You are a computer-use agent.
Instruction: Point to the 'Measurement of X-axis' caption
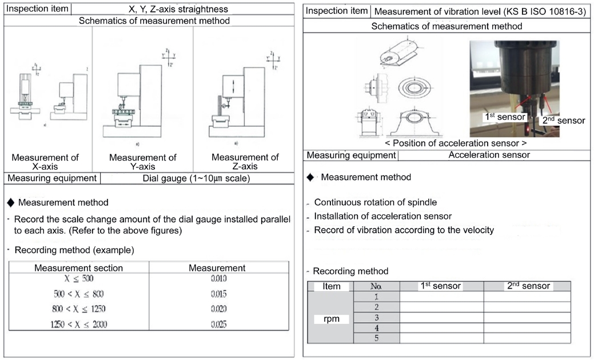(x=46, y=162)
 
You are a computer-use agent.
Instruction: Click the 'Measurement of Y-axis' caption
(x=142, y=162)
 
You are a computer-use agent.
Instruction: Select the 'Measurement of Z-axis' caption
(x=245, y=162)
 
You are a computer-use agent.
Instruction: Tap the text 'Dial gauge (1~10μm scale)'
(x=196, y=178)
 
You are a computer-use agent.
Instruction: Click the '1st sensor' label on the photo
(x=505, y=117)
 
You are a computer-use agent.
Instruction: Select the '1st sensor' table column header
(x=441, y=286)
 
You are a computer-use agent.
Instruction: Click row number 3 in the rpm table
(x=377, y=317)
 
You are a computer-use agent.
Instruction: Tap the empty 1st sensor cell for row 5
(x=441, y=338)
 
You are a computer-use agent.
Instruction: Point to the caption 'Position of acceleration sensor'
(x=456, y=143)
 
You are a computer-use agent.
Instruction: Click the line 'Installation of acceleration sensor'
(x=383, y=216)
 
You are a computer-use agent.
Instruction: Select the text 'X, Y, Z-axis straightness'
(x=178, y=9)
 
